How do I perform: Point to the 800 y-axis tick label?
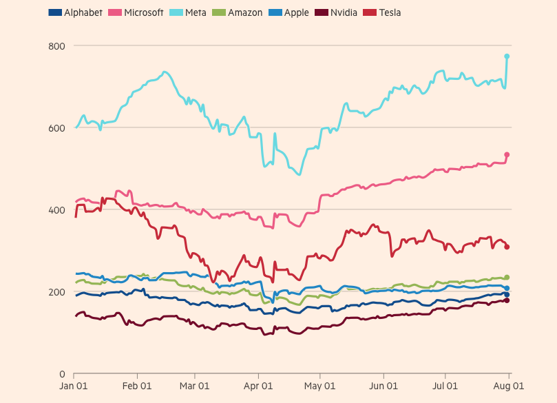click(x=56, y=45)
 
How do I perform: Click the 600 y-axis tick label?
click(x=56, y=127)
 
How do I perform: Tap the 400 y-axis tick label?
click(x=56, y=209)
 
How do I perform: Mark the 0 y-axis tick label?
click(x=61, y=374)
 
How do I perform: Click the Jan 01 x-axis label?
click(x=74, y=386)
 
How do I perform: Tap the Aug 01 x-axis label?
click(x=509, y=386)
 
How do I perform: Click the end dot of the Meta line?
click(x=507, y=56)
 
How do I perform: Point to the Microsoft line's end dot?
click(x=507, y=155)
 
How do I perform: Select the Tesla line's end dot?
click(x=507, y=247)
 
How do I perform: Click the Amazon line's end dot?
click(x=507, y=278)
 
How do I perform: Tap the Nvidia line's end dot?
click(x=507, y=300)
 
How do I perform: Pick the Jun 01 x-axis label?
click(x=383, y=386)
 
